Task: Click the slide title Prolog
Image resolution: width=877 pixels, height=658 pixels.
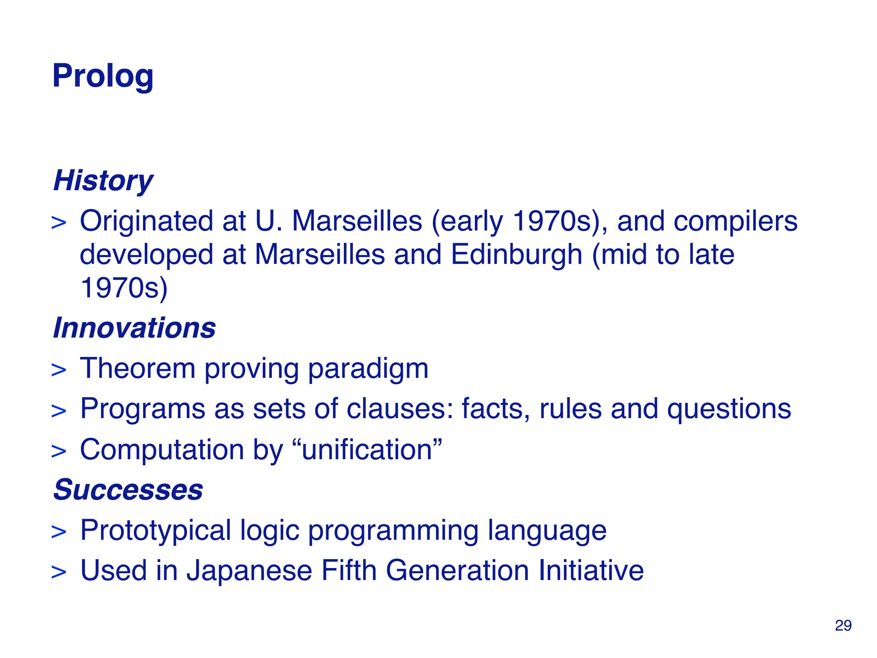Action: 103,76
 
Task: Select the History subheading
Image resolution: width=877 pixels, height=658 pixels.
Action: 103,180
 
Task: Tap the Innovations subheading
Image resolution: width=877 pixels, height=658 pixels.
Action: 134,328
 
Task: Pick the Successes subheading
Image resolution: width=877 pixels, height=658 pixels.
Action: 128,490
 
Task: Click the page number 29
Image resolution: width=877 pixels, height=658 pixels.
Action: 843,625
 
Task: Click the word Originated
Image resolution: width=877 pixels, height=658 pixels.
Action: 146,221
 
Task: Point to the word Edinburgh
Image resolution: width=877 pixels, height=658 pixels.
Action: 516,254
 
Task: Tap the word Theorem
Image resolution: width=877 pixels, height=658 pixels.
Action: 137,368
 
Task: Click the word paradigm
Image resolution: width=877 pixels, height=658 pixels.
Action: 368,369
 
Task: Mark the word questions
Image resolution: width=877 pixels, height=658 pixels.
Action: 729,410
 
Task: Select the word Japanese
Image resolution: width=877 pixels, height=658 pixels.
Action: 249,571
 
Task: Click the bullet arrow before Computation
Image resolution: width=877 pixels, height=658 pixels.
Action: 59,452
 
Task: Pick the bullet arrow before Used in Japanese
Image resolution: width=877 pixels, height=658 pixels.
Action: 59,572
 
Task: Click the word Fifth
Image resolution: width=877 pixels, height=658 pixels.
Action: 349,571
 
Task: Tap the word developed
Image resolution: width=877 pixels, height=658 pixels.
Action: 146,255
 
